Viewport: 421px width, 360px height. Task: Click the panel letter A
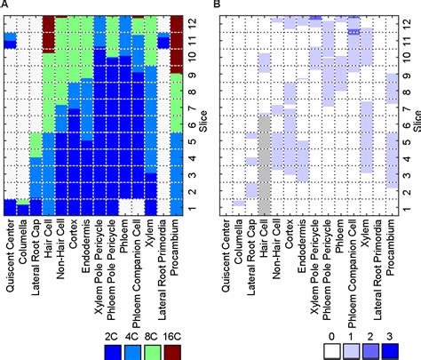(5, 6)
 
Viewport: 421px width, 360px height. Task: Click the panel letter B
(217, 6)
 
